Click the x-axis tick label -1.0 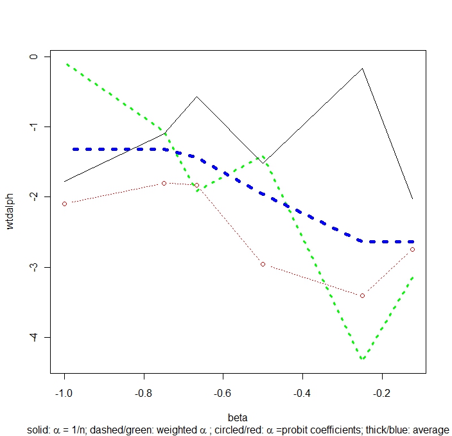pyautogui.click(x=64, y=391)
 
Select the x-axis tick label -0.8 pyautogui.click(x=144, y=391)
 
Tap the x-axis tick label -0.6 pyautogui.click(x=223, y=391)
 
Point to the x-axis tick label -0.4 pyautogui.click(x=302, y=391)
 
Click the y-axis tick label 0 pyautogui.click(x=36, y=57)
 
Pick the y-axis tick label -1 pyautogui.click(x=36, y=126)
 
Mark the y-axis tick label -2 pyautogui.click(x=36, y=196)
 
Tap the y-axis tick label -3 pyautogui.click(x=36, y=266)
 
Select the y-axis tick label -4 pyautogui.click(x=36, y=336)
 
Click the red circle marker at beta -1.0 pyautogui.click(x=64, y=204)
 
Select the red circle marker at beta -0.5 pyautogui.click(x=263, y=264)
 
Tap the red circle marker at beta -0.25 pyautogui.click(x=362, y=295)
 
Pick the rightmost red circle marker pyautogui.click(x=412, y=249)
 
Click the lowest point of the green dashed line pyautogui.click(x=363, y=359)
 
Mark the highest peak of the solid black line pyautogui.click(x=363, y=68)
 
